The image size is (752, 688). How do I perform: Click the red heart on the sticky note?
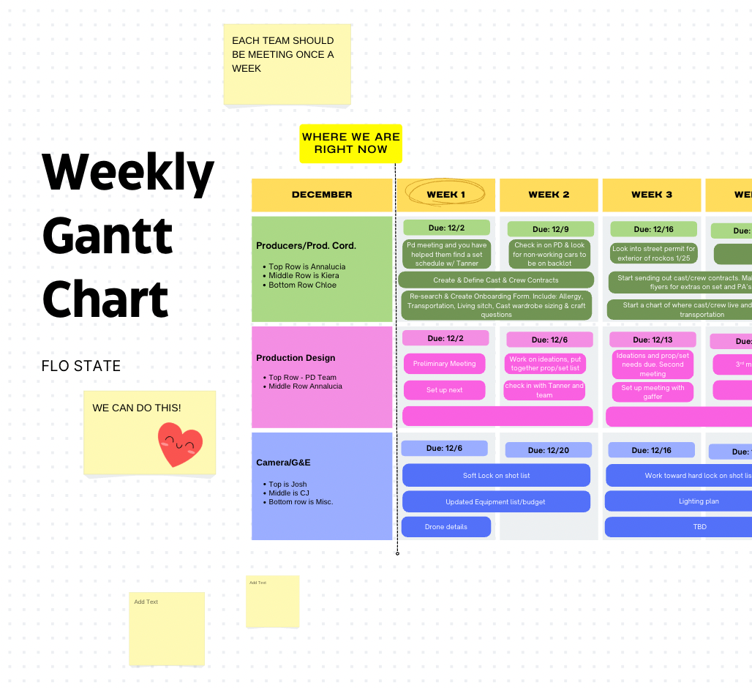(x=180, y=444)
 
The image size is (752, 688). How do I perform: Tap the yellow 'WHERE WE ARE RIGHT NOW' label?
(x=350, y=143)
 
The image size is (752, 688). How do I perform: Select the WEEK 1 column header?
(x=446, y=195)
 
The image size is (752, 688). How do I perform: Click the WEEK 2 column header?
(x=549, y=195)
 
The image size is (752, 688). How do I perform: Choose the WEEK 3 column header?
(x=652, y=195)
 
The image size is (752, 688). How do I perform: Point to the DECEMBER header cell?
(x=322, y=195)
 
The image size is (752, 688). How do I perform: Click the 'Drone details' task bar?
(x=445, y=527)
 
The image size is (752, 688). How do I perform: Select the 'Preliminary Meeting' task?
(x=444, y=364)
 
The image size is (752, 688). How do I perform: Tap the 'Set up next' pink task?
(x=444, y=390)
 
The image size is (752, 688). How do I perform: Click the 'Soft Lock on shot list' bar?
(x=496, y=476)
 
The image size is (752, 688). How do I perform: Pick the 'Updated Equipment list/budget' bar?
(x=495, y=501)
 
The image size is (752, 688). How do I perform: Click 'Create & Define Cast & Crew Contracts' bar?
(x=495, y=280)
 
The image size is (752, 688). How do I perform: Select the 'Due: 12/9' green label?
(x=550, y=229)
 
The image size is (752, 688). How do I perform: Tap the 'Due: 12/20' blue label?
(x=548, y=450)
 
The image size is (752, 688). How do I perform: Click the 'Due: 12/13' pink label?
(x=652, y=340)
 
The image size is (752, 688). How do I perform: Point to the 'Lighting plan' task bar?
(x=699, y=501)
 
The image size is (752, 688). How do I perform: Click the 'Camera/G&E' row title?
(x=283, y=463)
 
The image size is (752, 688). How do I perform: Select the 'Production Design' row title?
(x=296, y=358)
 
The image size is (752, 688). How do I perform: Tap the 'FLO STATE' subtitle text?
(x=81, y=366)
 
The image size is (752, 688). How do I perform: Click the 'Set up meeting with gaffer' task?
(x=653, y=392)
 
